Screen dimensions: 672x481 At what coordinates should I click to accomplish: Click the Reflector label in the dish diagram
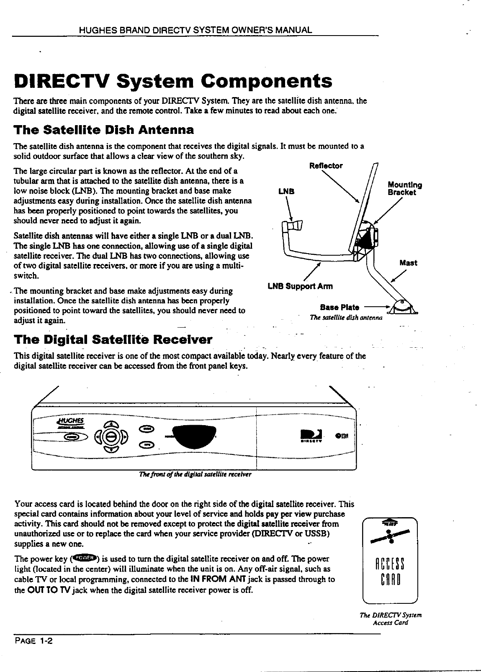coord(325,166)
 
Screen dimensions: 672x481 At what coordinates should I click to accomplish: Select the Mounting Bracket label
coord(404,189)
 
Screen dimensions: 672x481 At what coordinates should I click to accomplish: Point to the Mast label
coord(408,263)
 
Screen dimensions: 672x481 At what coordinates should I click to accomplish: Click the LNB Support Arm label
coord(300,287)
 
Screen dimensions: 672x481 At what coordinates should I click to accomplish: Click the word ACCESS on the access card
coord(390,563)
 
